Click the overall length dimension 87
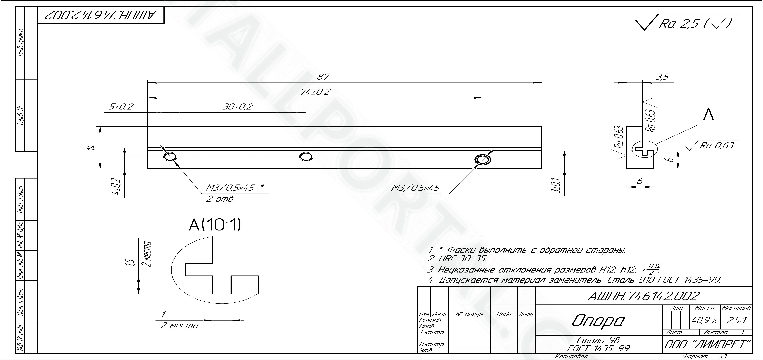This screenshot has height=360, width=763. tap(323, 77)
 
